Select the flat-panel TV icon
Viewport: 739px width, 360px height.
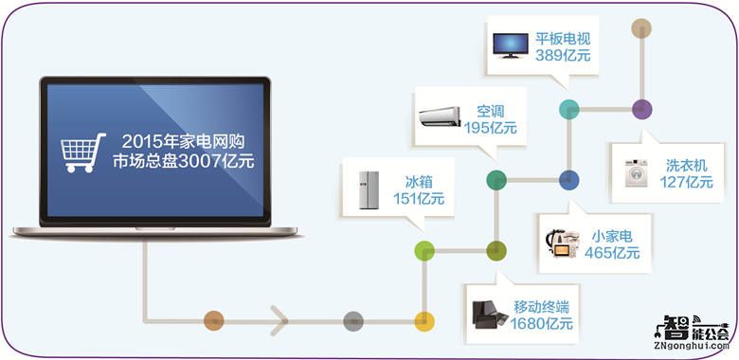(508, 43)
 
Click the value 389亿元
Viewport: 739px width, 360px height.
(564, 57)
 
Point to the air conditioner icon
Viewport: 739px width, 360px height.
(440, 116)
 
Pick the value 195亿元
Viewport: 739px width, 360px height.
(491, 128)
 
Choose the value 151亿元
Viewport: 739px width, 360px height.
(418, 199)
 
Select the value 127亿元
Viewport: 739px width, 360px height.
(686, 183)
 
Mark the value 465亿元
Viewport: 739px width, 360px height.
(612, 253)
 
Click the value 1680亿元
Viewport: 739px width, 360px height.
(543, 324)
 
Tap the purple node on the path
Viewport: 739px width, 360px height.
(641, 108)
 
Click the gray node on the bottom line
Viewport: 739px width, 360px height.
(352, 320)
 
